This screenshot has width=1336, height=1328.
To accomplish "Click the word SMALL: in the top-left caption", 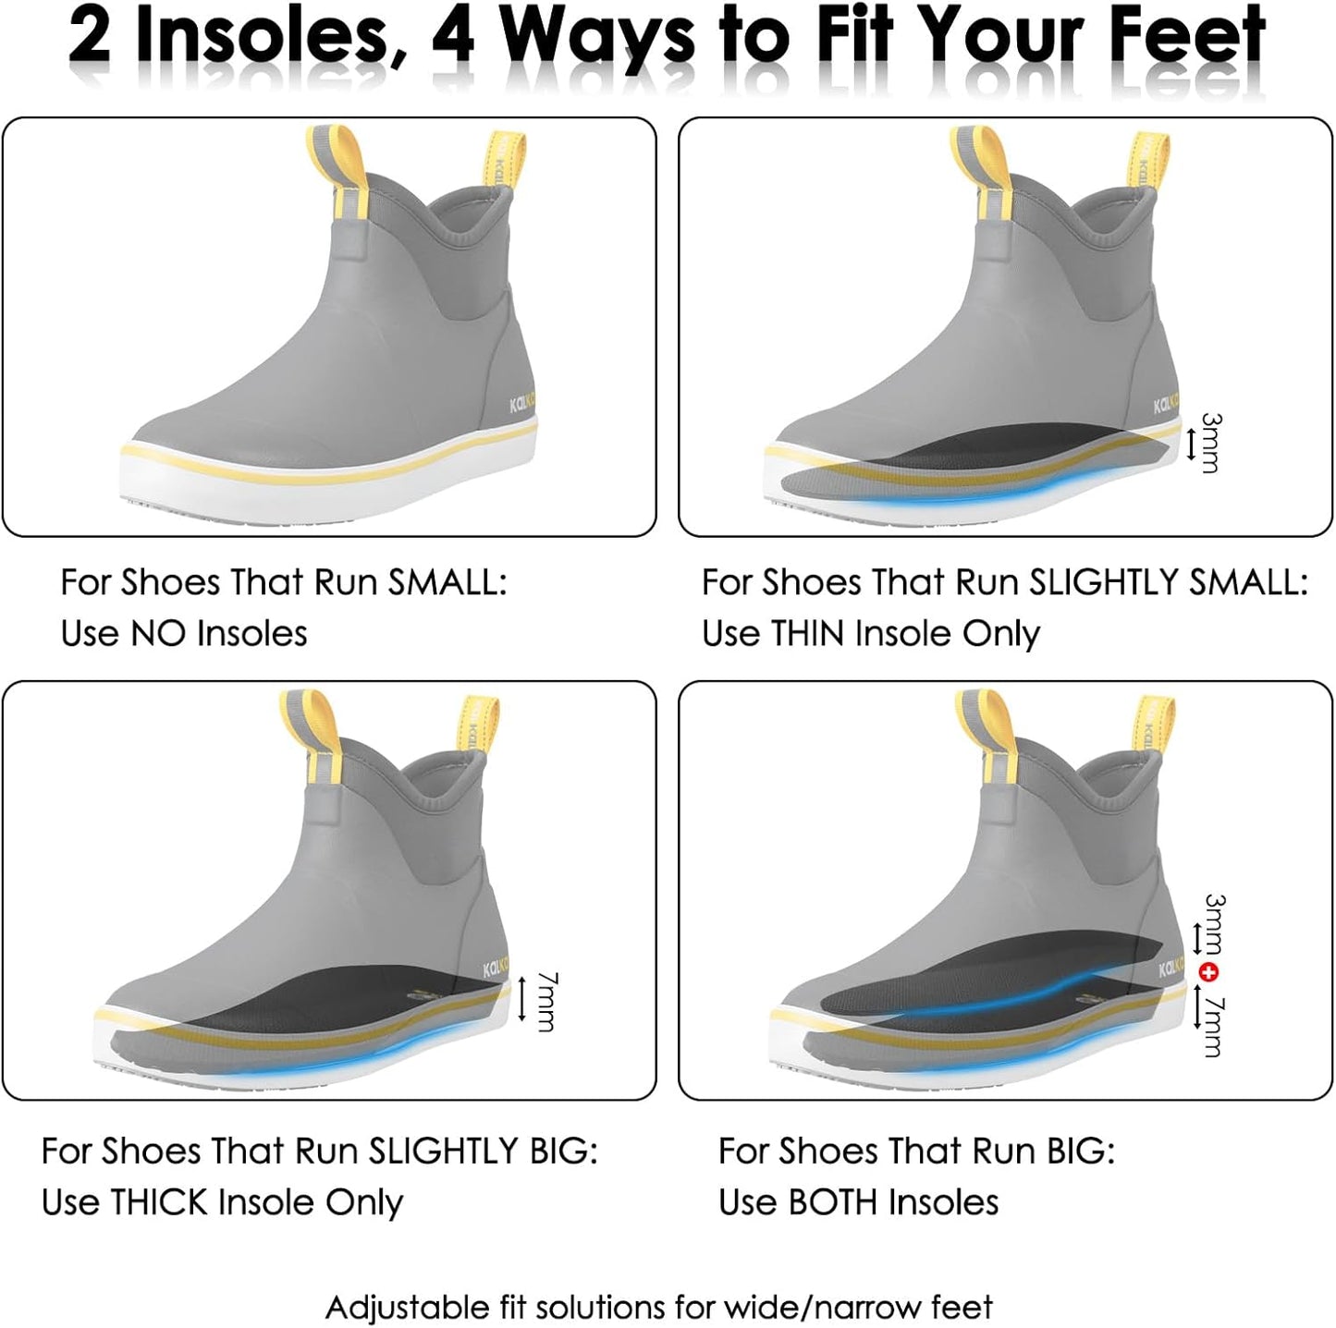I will (447, 583).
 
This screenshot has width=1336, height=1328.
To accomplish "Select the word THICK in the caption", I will (158, 1202).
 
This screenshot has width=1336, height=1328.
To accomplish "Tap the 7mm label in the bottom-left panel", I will (547, 1002).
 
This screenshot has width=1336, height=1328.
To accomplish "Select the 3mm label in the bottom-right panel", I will (1215, 924).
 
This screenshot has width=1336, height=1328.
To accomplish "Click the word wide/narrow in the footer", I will (813, 1307).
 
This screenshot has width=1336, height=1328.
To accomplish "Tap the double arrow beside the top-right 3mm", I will (1191, 445).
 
